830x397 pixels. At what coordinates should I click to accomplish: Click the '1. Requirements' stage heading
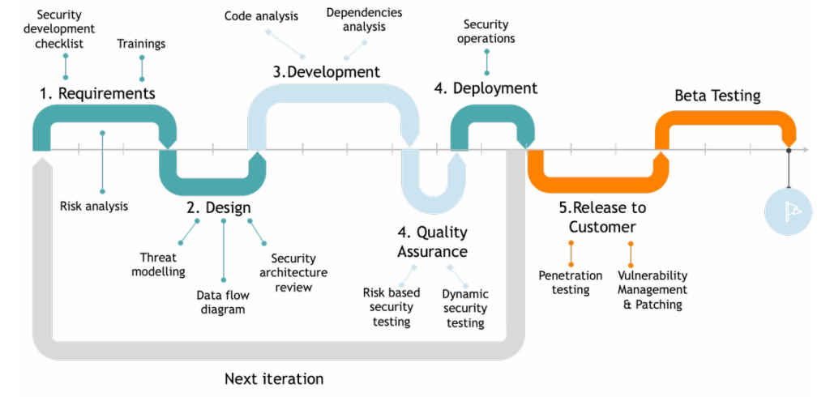(97, 94)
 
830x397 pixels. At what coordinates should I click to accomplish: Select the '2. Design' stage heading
(218, 208)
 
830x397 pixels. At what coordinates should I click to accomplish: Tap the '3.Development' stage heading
(327, 72)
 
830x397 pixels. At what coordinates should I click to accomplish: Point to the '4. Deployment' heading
(486, 88)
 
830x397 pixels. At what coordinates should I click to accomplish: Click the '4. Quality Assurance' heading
(433, 241)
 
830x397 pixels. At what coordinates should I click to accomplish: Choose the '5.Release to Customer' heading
(602, 217)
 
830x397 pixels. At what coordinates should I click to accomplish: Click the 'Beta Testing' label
(717, 96)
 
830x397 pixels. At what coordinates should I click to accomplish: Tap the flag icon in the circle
(788, 211)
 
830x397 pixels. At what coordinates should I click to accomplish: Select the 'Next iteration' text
(274, 379)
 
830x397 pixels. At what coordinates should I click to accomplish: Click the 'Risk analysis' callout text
(94, 206)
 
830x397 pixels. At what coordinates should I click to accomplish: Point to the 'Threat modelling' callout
(159, 265)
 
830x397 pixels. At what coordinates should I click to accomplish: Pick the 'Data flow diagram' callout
(223, 302)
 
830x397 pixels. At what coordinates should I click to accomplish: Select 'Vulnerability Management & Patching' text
(652, 289)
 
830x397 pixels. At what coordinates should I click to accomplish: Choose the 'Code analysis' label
(261, 16)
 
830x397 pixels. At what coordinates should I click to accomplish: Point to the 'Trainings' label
(141, 44)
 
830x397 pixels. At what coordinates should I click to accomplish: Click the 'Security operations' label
(486, 32)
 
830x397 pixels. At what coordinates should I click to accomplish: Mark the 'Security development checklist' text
(59, 28)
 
